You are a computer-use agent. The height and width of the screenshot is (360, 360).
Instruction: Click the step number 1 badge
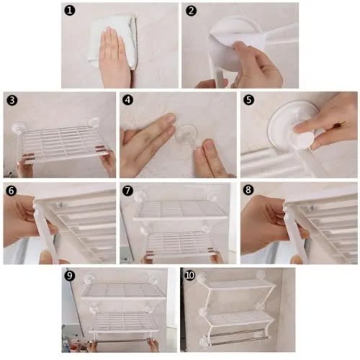tap(70, 11)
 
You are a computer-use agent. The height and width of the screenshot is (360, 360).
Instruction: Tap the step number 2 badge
tap(191, 11)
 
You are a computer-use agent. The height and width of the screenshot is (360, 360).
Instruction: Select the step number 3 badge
tap(12, 100)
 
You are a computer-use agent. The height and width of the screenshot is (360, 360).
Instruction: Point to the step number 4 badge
tap(127, 99)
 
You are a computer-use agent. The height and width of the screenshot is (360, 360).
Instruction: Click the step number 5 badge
tap(248, 99)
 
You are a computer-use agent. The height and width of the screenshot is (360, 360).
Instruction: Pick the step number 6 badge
tap(12, 191)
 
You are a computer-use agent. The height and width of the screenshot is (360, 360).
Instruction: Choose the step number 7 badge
tap(127, 191)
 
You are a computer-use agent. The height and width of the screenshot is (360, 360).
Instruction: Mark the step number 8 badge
tap(248, 190)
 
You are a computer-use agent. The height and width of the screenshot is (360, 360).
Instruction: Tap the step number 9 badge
tap(70, 276)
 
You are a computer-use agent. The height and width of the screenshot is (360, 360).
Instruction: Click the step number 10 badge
tap(189, 275)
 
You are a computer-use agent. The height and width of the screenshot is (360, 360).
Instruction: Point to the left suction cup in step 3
tap(19, 127)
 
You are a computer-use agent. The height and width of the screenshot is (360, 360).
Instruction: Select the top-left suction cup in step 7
tap(140, 197)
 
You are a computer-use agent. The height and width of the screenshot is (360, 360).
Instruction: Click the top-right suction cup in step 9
tap(153, 280)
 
